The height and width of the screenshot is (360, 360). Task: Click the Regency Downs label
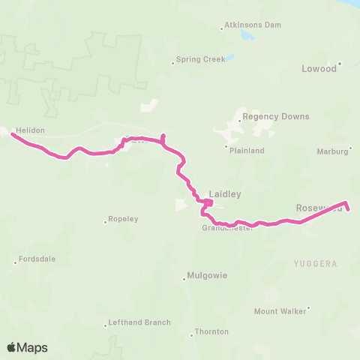(x=274, y=116)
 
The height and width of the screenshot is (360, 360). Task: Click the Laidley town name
(x=225, y=193)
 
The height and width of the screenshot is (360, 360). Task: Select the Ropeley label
(x=124, y=219)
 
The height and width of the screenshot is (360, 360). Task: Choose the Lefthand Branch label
(x=139, y=322)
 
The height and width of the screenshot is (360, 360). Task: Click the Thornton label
(x=211, y=331)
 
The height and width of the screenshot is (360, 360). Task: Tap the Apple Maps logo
(x=27, y=347)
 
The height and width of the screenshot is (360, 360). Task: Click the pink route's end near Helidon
(x=12, y=134)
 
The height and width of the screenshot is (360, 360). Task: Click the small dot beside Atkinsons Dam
(x=222, y=29)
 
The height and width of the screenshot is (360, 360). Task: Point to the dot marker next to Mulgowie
(x=184, y=281)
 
